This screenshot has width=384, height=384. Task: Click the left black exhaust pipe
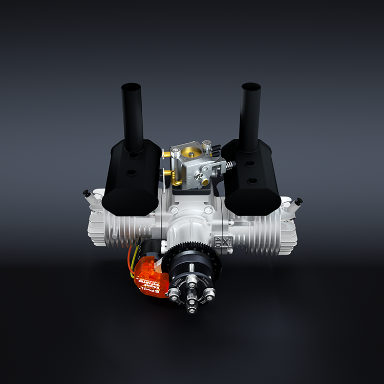tap(132, 115)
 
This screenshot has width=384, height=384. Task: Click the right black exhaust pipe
tap(250, 115)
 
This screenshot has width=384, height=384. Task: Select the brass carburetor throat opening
tap(192, 152)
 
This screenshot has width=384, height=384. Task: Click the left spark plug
tap(90, 197)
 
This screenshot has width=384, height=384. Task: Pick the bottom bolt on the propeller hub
tap(191, 305)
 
